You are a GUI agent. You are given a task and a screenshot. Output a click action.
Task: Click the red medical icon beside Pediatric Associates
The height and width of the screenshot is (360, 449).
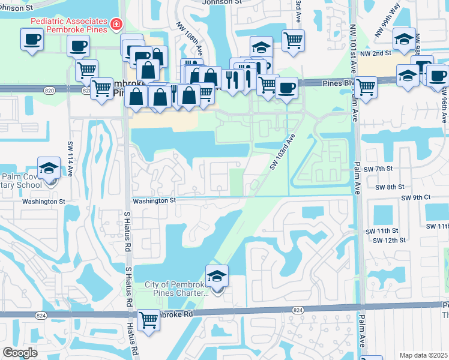(115, 25)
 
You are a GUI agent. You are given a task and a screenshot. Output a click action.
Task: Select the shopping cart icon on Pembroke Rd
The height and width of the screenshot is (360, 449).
(148, 320)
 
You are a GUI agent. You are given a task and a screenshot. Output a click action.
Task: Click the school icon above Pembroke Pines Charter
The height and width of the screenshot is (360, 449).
(217, 275)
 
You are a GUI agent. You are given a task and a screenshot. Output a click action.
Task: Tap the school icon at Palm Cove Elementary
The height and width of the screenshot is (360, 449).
(49, 169)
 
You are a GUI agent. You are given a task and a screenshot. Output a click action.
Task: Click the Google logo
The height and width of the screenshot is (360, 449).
(20, 353)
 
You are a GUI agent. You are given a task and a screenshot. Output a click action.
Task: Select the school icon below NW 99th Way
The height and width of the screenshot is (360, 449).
(403, 39)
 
